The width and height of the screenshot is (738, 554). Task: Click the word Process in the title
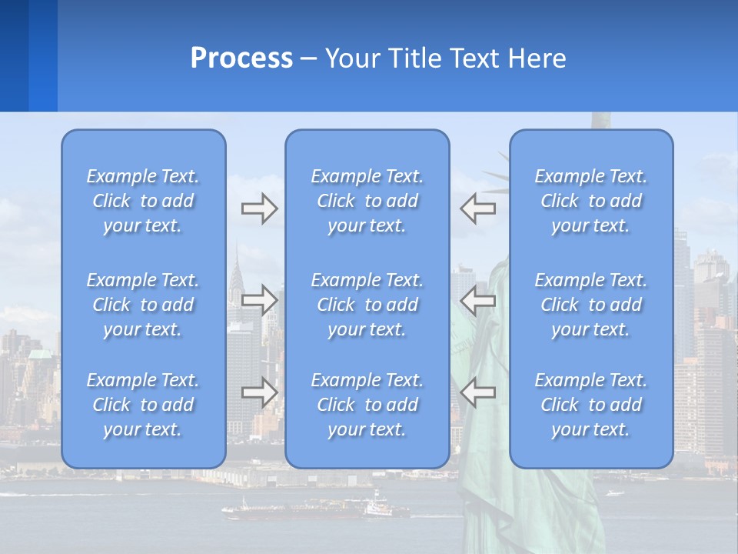click(241, 58)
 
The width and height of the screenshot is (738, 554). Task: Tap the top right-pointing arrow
click(259, 209)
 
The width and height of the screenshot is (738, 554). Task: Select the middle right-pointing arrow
click(259, 300)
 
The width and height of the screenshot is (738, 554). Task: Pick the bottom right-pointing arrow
click(259, 392)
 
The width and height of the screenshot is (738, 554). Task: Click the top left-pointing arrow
click(478, 209)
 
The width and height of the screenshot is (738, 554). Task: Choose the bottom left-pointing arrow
click(478, 392)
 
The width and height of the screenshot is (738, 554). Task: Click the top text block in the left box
click(143, 201)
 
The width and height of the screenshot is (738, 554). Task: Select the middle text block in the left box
click(143, 305)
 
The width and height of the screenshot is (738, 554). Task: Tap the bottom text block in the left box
click(143, 405)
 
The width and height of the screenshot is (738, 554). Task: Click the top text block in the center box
click(367, 201)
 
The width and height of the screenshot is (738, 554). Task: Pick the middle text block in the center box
click(367, 305)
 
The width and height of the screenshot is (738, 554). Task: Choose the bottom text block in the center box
click(367, 405)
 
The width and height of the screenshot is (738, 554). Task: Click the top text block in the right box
click(591, 201)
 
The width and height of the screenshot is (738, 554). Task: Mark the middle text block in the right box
click(591, 305)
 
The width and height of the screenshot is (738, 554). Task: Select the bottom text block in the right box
click(591, 405)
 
